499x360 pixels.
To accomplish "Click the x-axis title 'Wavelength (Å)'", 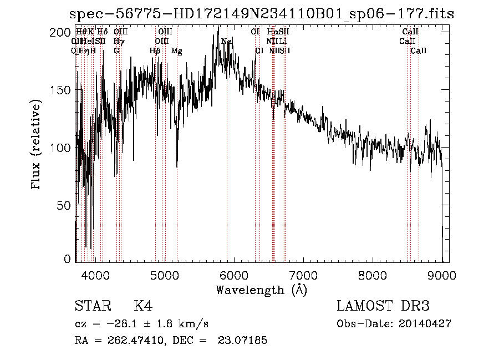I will click(x=261, y=290).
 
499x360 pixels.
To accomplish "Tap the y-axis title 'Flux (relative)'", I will click(x=37, y=146).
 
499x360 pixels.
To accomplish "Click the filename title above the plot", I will click(x=261, y=14).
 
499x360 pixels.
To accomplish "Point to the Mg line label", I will click(x=177, y=51).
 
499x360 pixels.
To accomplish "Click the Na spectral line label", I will click(x=226, y=42).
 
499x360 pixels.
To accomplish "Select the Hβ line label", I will click(x=155, y=51).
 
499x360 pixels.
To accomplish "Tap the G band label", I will click(x=116, y=51).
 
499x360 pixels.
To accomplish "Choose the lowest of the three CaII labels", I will click(x=419, y=51).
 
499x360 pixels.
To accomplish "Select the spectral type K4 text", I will click(x=143, y=306).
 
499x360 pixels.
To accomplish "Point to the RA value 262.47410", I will click(x=130, y=340).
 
